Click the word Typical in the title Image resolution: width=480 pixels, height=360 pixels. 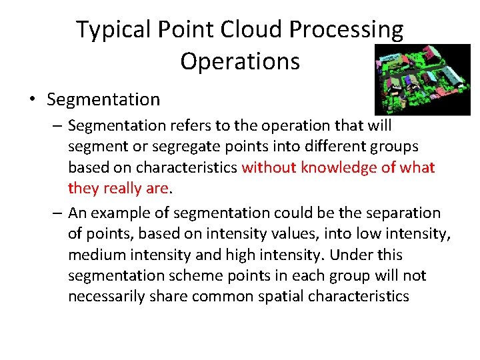tap(113, 31)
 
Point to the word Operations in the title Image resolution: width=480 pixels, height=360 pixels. tap(240, 61)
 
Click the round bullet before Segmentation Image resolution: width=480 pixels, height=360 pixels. tap(33, 100)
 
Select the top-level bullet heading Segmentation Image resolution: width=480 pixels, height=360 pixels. tap(103, 100)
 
